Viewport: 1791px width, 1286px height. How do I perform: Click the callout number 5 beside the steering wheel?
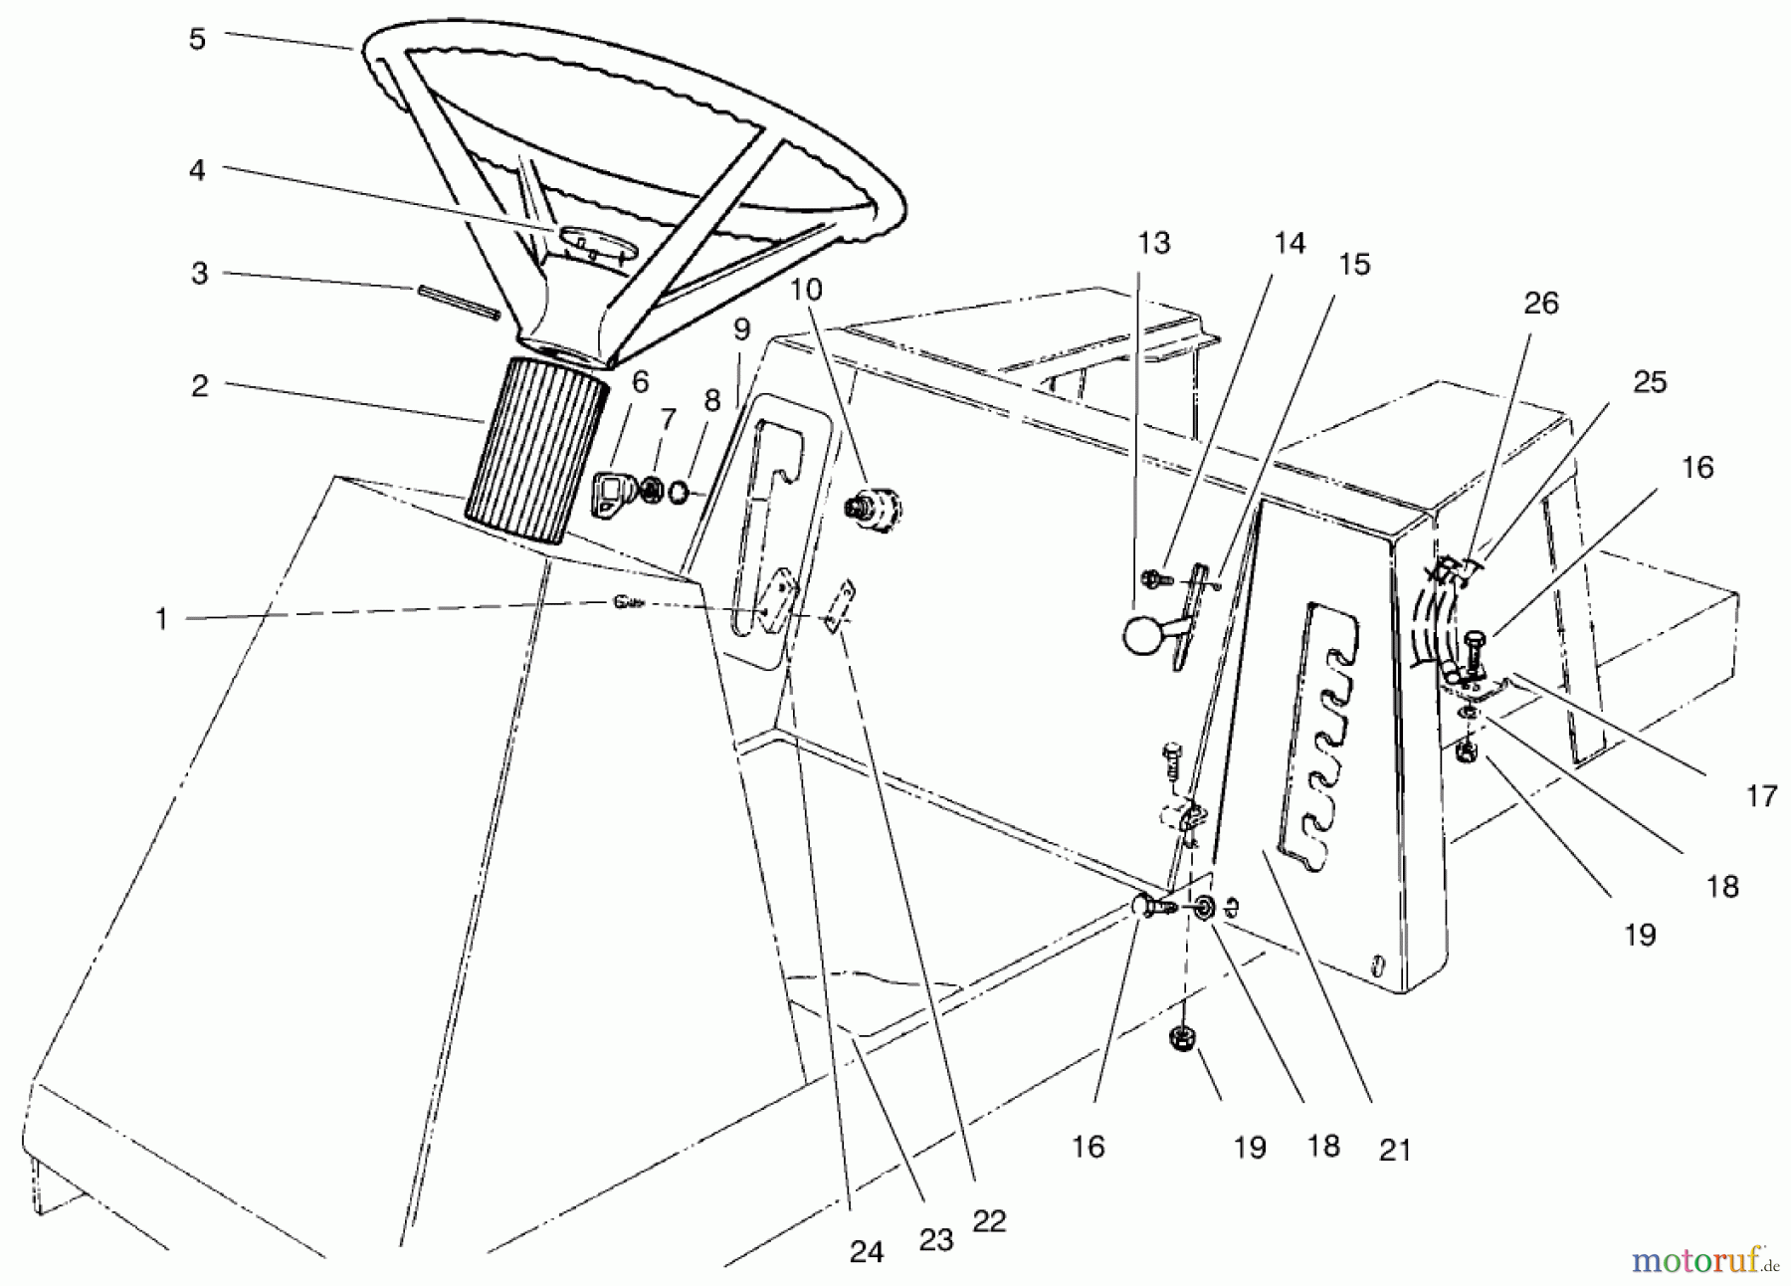click(x=197, y=40)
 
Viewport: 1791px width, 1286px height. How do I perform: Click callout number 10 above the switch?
click(x=808, y=290)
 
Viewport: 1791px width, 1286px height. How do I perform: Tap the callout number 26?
click(x=1541, y=304)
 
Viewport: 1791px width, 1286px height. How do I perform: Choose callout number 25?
click(x=1650, y=382)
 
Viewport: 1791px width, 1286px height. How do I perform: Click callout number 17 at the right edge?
click(x=1761, y=795)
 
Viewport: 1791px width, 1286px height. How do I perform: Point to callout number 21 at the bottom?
click(x=1395, y=1151)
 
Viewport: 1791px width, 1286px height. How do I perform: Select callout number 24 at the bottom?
click(x=866, y=1251)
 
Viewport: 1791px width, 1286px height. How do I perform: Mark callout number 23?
click(x=936, y=1239)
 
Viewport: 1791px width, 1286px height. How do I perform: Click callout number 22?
click(x=991, y=1221)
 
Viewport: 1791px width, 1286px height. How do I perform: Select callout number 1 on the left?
click(x=161, y=619)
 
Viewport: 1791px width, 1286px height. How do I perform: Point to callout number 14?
click(x=1290, y=243)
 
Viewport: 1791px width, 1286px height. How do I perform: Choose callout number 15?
click(x=1355, y=264)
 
